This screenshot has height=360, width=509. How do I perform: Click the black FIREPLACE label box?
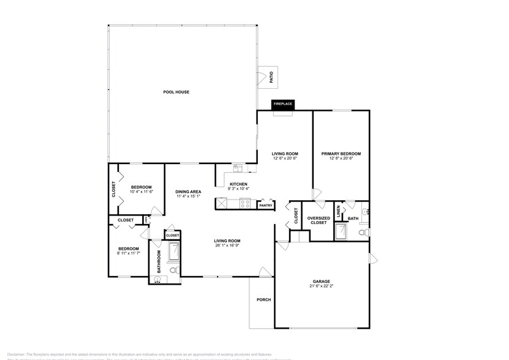click(282, 104)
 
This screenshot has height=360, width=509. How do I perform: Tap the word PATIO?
click(271, 78)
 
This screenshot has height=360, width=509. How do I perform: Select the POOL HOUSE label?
click(176, 92)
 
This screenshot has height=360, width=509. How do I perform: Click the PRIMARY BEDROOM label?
click(341, 154)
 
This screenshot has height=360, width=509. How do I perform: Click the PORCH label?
click(264, 299)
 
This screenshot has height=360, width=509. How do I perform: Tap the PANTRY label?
click(266, 206)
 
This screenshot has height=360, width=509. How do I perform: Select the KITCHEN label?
click(238, 184)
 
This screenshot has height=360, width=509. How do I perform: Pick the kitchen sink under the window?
click(238, 167)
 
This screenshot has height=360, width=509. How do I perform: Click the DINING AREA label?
click(188, 191)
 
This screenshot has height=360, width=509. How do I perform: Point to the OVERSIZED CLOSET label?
click(319, 220)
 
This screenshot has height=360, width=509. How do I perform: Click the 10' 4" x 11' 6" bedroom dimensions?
click(141, 192)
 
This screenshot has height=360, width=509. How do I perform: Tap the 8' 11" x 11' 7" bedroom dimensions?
click(129, 252)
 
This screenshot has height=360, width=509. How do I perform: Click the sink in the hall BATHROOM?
click(157, 279)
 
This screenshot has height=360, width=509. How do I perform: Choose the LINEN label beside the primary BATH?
click(338, 212)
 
